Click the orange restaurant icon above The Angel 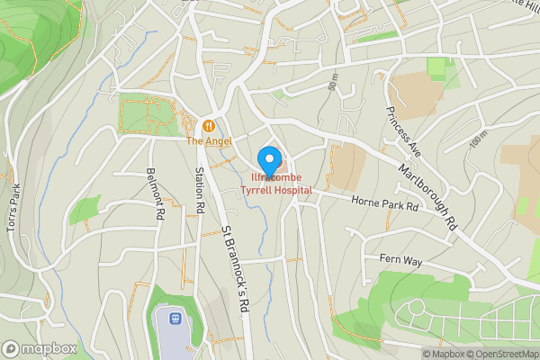pos(209,126)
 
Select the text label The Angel pos(209,141)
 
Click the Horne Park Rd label pos(386,205)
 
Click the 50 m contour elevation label pos(334,84)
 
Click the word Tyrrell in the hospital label pos(256,191)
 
